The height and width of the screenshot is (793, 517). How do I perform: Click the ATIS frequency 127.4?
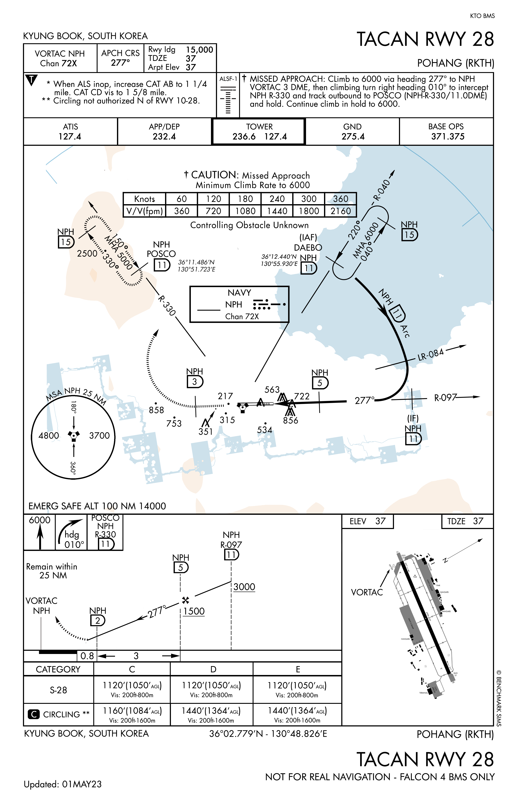[70, 137]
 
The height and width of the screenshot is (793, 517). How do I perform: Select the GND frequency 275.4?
[353, 137]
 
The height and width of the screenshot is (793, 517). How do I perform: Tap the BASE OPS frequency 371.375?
[447, 137]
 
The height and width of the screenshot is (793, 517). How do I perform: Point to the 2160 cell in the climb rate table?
[340, 211]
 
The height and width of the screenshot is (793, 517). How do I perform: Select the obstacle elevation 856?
[290, 420]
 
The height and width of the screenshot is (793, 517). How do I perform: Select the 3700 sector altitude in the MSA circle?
[99, 436]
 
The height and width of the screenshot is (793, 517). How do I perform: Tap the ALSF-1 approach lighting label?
[228, 79]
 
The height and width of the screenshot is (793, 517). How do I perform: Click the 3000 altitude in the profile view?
[244, 587]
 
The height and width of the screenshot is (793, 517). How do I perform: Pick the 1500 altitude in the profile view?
[194, 611]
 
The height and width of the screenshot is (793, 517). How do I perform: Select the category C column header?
[132, 669]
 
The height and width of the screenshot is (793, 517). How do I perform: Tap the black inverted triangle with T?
[31, 80]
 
